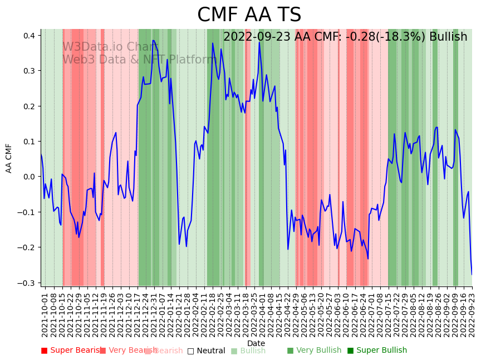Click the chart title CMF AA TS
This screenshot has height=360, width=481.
[x=249, y=15]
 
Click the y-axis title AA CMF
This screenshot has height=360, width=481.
[x=9, y=158]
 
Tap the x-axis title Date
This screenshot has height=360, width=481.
[x=256, y=343]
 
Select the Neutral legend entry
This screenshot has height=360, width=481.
[x=207, y=351]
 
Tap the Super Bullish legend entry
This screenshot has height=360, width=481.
[x=377, y=351]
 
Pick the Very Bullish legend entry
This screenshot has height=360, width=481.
[x=315, y=351]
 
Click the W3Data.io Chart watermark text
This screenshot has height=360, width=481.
[x=110, y=47]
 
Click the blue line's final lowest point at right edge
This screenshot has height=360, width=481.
[x=472, y=274]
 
